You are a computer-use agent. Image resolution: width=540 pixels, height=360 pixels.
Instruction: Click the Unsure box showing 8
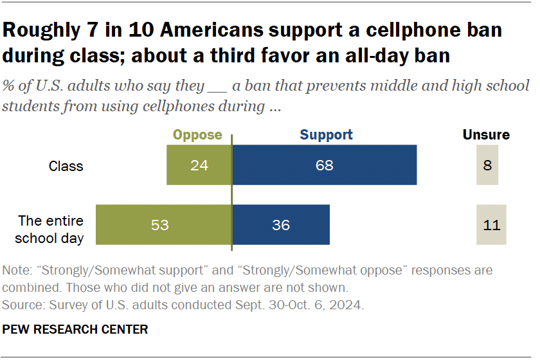tap(487, 165)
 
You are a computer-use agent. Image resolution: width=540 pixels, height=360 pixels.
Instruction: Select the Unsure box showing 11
tap(491, 225)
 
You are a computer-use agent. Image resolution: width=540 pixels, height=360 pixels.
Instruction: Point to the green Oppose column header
tap(197, 135)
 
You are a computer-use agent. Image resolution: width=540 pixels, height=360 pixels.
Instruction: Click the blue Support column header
tap(327, 135)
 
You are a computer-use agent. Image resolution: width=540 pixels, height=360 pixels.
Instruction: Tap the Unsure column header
tap(486, 135)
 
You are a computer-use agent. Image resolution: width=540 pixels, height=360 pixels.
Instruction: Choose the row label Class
tap(66, 166)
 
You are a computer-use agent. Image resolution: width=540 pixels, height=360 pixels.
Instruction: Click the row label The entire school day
tap(51, 229)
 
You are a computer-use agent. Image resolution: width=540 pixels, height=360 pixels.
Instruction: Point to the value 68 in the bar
tap(324, 166)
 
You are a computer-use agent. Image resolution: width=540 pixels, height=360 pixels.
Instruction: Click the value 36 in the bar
tap(280, 226)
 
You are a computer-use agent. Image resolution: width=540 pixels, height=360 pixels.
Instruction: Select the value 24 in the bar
tap(199, 166)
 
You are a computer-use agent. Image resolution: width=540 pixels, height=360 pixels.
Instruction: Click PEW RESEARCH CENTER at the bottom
tap(75, 330)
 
